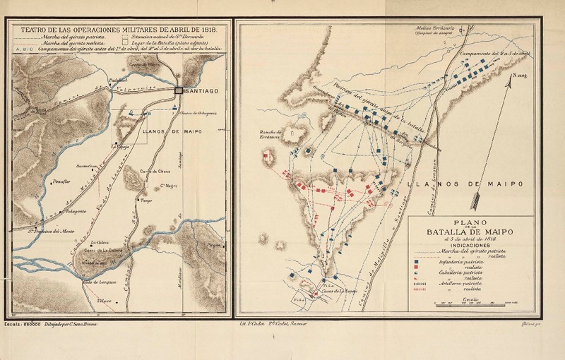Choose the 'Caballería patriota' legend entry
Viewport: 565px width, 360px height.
pyautogui.click(x=462, y=273)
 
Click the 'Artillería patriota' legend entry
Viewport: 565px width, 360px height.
pyautogui.click(x=462, y=284)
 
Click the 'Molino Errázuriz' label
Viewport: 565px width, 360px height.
pyautogui.click(x=433, y=28)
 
